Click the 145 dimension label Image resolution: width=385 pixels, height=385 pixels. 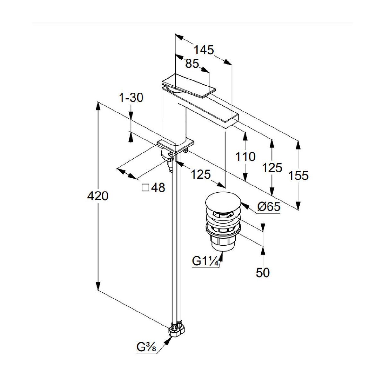[x=203, y=50]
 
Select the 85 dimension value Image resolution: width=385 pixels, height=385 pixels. [x=192, y=64]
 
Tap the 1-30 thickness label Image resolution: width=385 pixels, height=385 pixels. [x=131, y=98]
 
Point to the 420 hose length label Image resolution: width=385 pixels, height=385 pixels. [x=98, y=195]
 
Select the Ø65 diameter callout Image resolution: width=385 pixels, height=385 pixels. [x=269, y=207]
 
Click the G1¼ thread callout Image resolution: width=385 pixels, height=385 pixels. [x=206, y=261]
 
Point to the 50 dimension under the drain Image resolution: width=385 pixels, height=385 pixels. [x=263, y=272]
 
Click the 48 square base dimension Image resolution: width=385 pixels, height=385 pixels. [x=158, y=187]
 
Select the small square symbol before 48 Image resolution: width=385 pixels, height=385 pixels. [x=145, y=187]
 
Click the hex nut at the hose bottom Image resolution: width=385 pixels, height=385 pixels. [x=176, y=330]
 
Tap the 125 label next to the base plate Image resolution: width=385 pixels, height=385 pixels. [x=201, y=175]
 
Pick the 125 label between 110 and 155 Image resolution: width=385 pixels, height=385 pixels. [x=272, y=167]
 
